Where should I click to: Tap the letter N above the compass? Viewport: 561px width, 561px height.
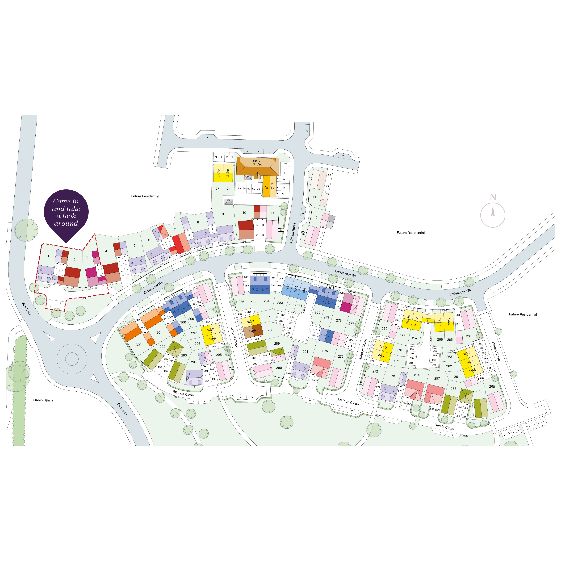coord(493,197)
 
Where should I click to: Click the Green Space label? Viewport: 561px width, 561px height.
coord(43,400)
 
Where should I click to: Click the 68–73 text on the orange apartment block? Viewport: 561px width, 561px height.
coord(258,161)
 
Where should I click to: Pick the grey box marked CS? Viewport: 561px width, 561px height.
coord(229,201)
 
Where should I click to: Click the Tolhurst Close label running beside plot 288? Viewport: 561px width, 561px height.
coord(234,337)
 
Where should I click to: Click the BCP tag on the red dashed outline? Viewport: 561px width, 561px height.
coord(84,298)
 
